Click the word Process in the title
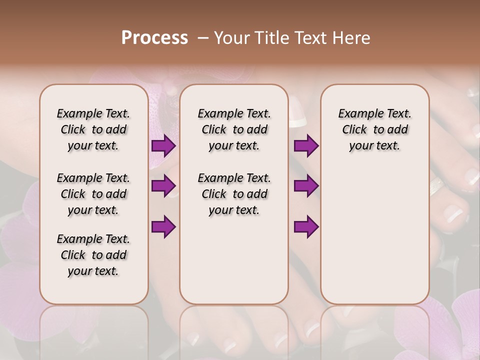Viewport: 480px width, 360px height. coord(154,38)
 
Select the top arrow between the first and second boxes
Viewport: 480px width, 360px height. coord(163,146)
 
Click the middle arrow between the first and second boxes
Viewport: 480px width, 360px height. coord(163,186)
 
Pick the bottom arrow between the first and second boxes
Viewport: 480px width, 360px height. coord(163,226)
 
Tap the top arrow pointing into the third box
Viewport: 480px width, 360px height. coord(306,146)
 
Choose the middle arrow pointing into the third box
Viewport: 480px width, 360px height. coord(306,186)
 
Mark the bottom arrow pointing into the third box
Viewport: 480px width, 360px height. coord(306,226)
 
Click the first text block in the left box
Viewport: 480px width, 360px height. coord(93,129)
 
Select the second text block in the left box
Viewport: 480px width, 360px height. coord(93,194)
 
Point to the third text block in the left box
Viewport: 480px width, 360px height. coord(93,255)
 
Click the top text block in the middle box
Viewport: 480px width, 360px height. coord(234,129)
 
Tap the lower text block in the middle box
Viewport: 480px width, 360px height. coord(234,194)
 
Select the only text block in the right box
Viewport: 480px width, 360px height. coord(375,129)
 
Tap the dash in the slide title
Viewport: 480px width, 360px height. coord(203,38)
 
